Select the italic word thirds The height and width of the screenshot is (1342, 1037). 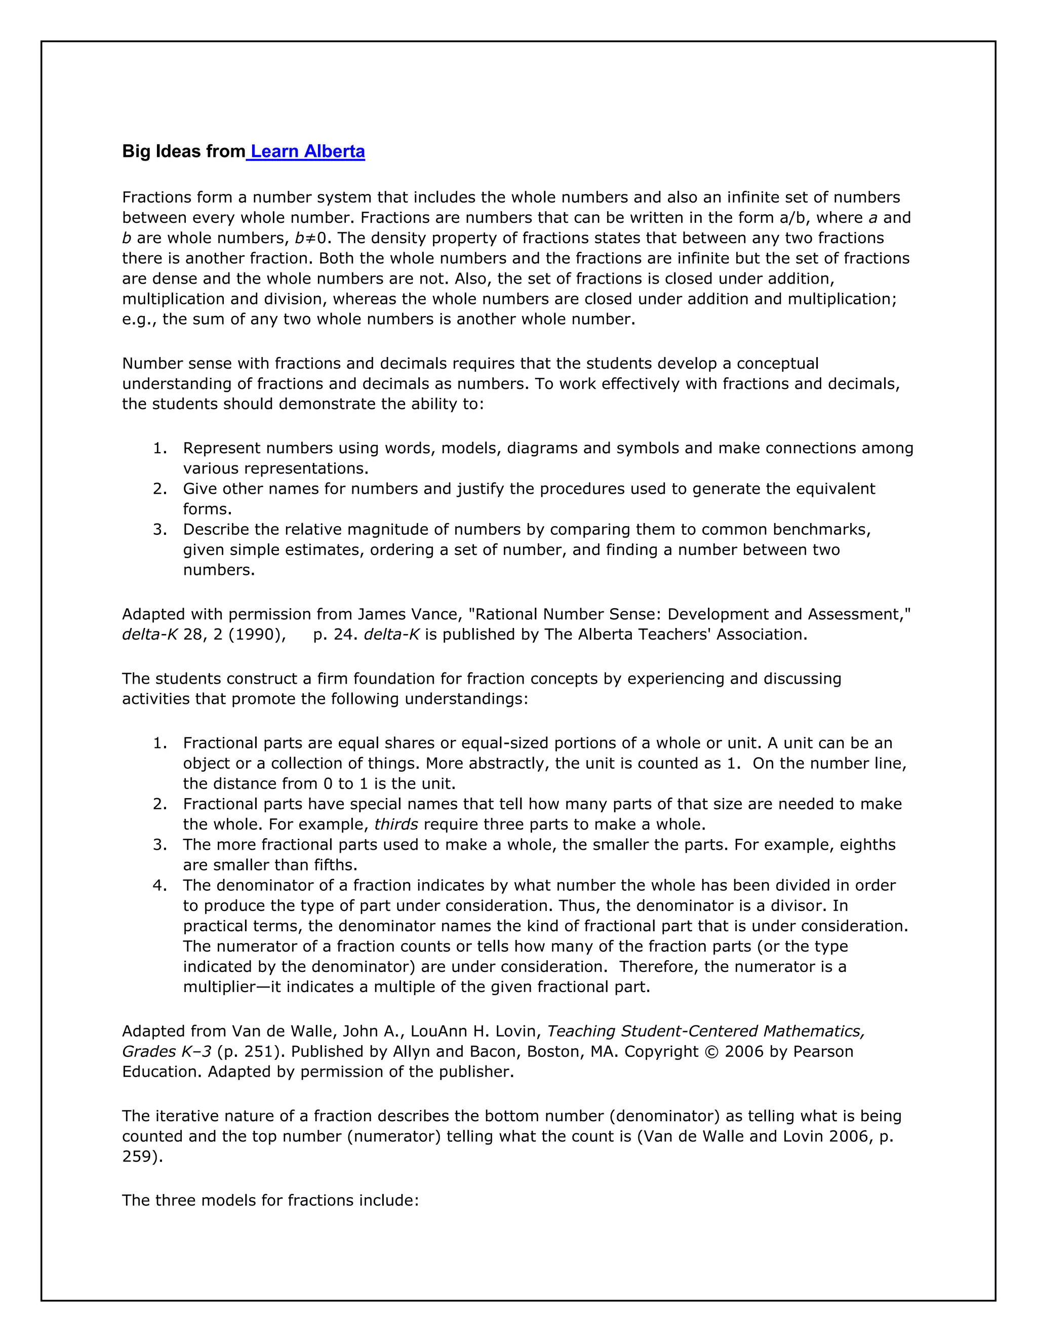pyautogui.click(x=396, y=824)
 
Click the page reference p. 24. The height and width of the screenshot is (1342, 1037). pyautogui.click(x=332, y=634)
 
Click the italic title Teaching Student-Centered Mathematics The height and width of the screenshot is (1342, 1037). pyautogui.click(x=706, y=1031)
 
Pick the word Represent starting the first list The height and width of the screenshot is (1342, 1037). pyautogui.click(x=222, y=448)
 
